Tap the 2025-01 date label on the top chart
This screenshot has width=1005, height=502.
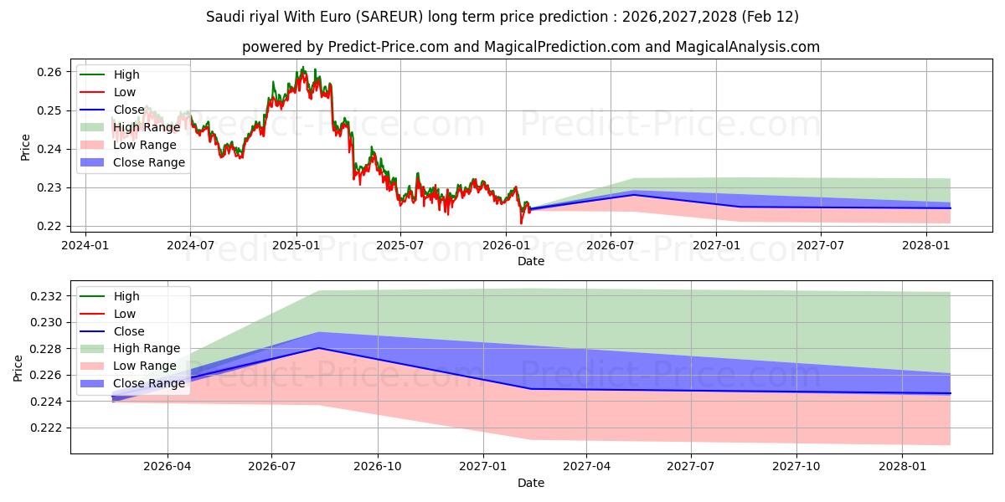pos(296,244)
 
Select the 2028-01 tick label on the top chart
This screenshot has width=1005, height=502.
pos(925,244)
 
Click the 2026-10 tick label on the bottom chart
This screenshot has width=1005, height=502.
pos(377,467)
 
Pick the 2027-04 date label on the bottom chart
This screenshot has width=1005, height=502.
pos(586,467)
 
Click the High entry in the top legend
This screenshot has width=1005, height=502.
pos(126,74)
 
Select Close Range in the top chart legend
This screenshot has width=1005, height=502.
pos(149,162)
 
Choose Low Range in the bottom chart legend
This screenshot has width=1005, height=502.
pos(145,366)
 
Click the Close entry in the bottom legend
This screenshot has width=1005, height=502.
pos(129,331)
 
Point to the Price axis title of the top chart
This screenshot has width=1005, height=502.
pos(25,147)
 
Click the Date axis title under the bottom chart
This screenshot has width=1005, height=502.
pos(531,483)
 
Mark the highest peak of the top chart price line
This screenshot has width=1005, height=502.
pos(302,68)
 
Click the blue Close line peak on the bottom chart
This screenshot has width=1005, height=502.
pos(318,348)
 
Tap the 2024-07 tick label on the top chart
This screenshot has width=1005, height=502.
pos(190,244)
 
